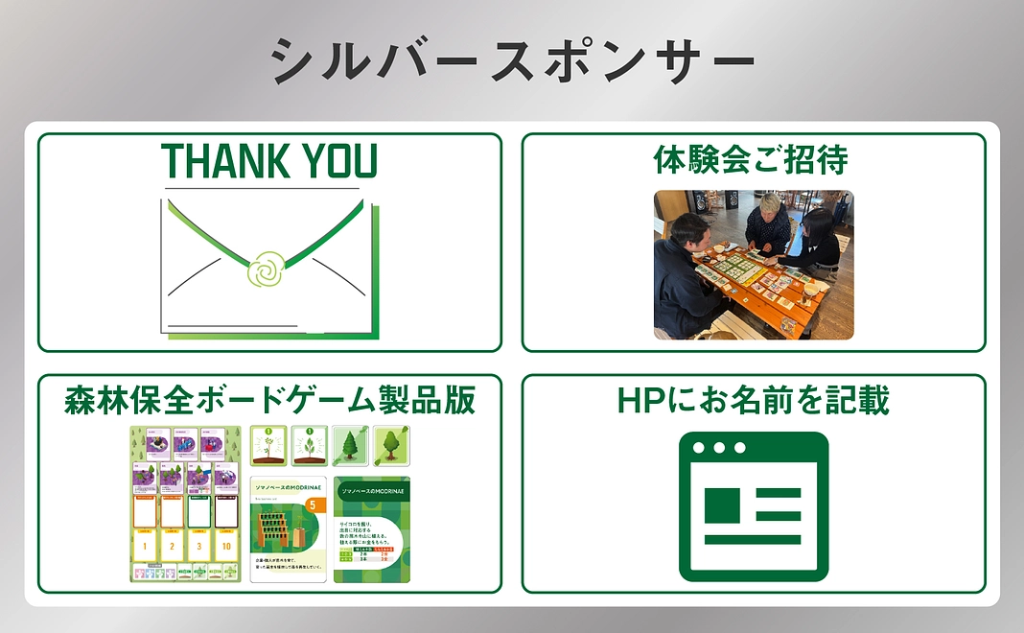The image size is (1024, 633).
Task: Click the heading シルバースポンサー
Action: click(512, 61)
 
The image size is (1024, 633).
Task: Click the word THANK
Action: click(215, 162)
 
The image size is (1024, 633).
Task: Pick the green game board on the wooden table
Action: click(739, 267)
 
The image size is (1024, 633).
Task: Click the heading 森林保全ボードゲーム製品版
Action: click(269, 400)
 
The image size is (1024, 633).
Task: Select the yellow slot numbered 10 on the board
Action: click(226, 546)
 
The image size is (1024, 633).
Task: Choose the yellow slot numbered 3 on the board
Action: click(199, 546)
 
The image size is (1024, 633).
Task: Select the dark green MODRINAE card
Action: click(372, 529)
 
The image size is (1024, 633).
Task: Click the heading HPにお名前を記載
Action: click(754, 400)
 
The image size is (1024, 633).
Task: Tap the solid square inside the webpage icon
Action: click(722, 505)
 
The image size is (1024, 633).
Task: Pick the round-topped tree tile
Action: click(390, 445)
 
